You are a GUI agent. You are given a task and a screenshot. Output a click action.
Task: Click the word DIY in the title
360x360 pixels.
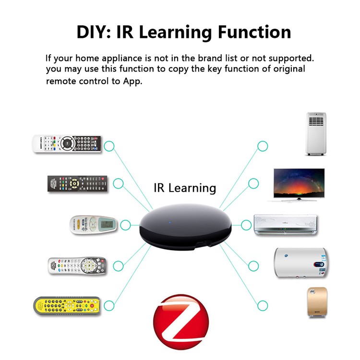click(94, 32)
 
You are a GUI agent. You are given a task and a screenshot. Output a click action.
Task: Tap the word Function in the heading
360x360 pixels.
click(254, 32)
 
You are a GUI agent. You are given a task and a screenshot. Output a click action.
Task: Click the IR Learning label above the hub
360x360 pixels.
click(185, 188)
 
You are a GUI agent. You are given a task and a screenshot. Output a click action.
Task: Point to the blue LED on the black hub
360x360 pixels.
click(170, 222)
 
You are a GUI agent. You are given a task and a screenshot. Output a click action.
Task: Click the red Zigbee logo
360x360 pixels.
click(181, 322)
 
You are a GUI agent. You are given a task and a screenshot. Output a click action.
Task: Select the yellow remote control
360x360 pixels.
click(67, 306)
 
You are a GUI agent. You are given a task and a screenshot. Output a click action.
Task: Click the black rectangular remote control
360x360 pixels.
click(77, 184)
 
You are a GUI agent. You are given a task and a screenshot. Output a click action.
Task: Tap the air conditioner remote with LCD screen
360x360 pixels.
click(93, 225)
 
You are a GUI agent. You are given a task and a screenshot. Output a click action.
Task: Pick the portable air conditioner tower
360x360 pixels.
click(316, 134)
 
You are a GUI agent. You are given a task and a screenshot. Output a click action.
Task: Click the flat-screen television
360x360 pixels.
click(299, 185)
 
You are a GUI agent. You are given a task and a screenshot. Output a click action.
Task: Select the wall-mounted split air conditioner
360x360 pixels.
click(286, 225)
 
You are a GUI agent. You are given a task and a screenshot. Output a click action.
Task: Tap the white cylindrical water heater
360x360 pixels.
click(300, 263)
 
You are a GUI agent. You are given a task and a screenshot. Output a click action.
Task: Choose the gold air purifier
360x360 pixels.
click(317, 302)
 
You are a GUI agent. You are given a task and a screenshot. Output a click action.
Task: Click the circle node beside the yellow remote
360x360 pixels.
click(109, 306)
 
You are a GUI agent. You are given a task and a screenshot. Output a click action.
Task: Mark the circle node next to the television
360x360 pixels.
click(253, 183)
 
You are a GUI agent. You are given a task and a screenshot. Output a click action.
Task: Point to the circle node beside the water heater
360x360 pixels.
click(253, 266)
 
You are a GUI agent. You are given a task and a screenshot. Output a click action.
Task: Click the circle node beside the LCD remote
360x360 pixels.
click(125, 225)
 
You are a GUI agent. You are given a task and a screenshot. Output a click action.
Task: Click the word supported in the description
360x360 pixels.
click(291, 59)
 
